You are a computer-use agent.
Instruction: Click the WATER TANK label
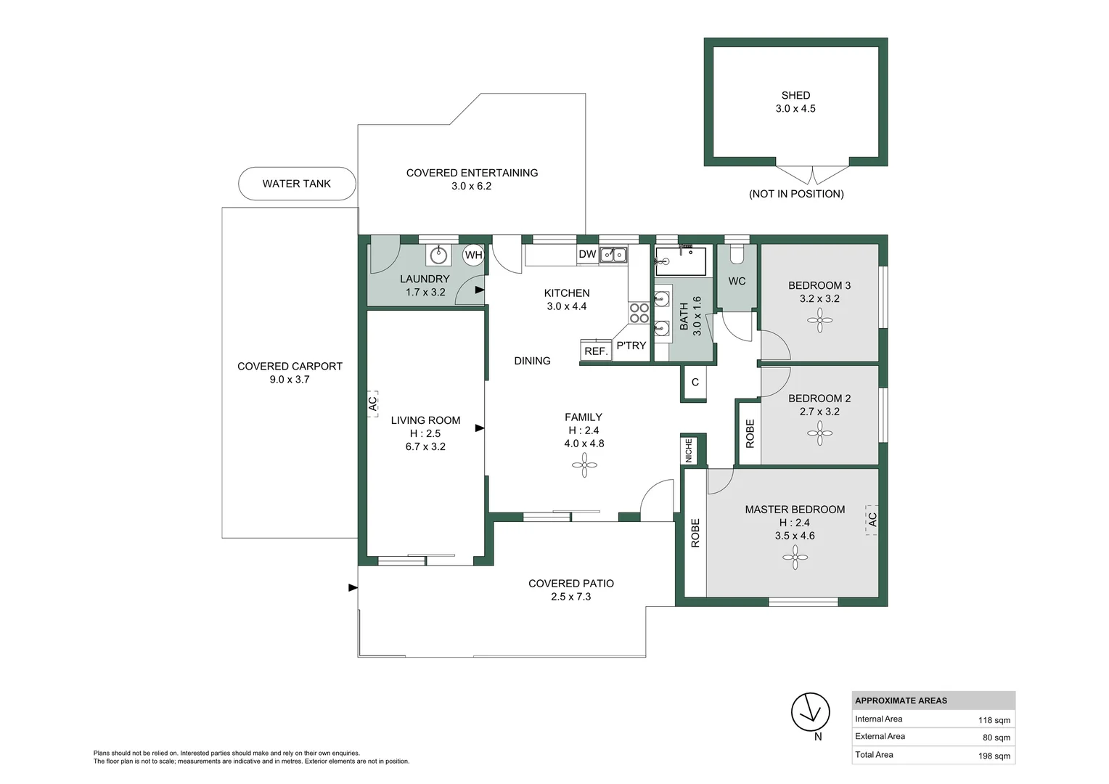point(296,184)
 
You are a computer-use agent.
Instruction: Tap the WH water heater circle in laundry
point(473,255)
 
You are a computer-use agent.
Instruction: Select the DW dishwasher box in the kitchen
point(587,254)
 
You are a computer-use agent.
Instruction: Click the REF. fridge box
point(596,351)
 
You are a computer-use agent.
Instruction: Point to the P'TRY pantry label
point(631,346)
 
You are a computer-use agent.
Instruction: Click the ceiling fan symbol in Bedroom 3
point(819,320)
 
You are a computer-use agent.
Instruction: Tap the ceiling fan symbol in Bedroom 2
point(819,433)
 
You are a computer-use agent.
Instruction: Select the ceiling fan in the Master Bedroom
point(795,558)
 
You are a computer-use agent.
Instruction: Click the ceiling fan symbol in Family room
point(584,465)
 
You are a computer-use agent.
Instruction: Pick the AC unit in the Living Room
point(372,403)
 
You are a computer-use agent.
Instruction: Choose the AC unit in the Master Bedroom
point(872,520)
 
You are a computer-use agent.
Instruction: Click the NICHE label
point(689,450)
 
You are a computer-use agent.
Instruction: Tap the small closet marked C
point(695,382)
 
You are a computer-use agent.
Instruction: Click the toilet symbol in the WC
point(737,254)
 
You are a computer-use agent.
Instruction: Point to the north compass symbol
point(810,712)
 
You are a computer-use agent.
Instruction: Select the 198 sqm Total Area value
point(994,756)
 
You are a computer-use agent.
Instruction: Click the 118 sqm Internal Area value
point(994,720)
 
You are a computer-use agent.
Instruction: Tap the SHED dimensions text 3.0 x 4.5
point(795,109)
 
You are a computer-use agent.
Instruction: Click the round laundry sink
point(438,255)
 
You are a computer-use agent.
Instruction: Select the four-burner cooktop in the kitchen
point(639,313)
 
